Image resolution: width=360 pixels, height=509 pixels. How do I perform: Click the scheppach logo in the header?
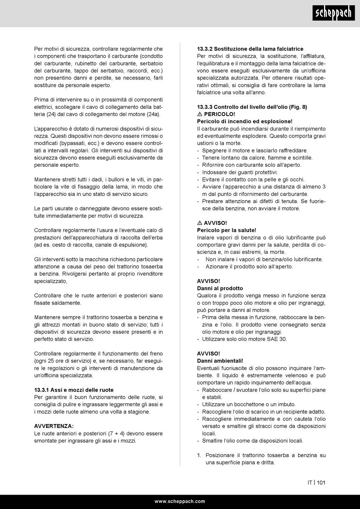[334, 14]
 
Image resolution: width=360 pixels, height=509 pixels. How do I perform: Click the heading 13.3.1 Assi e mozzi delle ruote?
[74, 390]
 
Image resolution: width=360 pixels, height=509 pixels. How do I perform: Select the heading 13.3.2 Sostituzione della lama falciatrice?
[250, 49]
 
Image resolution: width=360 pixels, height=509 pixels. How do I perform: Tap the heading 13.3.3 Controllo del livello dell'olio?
[252, 107]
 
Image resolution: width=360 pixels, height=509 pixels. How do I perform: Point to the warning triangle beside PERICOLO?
[200, 114]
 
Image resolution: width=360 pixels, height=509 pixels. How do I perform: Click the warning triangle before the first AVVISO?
[200, 223]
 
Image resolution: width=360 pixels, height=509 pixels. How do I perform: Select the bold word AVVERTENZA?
[54, 426]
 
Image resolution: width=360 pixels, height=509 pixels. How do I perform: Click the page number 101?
[321, 482]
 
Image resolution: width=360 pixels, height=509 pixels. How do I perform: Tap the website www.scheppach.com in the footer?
[180, 501]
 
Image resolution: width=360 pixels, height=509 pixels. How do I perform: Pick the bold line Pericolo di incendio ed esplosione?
[244, 121]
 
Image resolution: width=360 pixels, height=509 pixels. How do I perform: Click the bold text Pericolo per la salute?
[226, 230]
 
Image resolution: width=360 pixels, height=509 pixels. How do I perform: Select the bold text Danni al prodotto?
[220, 288]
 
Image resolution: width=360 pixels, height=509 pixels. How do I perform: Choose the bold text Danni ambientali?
[220, 361]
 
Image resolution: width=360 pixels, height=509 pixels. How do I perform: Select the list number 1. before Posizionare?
[199, 455]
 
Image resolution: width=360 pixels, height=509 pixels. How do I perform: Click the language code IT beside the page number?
[310, 482]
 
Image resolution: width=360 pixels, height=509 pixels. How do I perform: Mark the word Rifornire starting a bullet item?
[213, 165]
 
